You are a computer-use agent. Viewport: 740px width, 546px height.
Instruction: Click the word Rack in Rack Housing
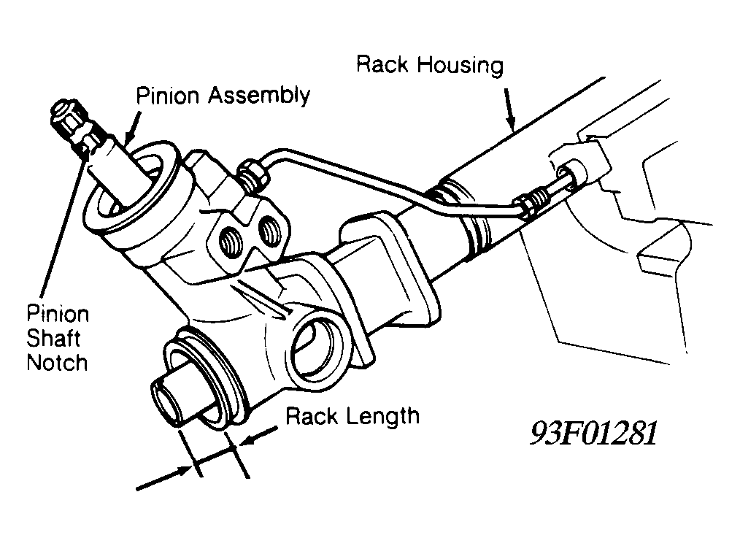pyautogui.click(x=382, y=64)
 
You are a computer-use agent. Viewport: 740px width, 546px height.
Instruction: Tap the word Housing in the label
pyautogui.click(x=460, y=66)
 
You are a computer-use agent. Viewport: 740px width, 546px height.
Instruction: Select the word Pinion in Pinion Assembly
pyautogui.click(x=168, y=96)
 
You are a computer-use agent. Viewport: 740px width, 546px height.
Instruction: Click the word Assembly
pyautogui.click(x=259, y=96)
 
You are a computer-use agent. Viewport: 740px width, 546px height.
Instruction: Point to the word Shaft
pyautogui.click(x=53, y=339)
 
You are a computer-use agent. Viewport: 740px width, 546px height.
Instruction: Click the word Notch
pyautogui.click(x=57, y=363)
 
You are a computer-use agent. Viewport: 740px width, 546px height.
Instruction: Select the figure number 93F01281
pyautogui.click(x=593, y=433)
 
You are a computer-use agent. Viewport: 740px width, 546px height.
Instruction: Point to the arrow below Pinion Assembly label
pyautogui.click(x=132, y=126)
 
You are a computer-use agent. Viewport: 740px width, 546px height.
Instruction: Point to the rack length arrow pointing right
pyautogui.click(x=163, y=478)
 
